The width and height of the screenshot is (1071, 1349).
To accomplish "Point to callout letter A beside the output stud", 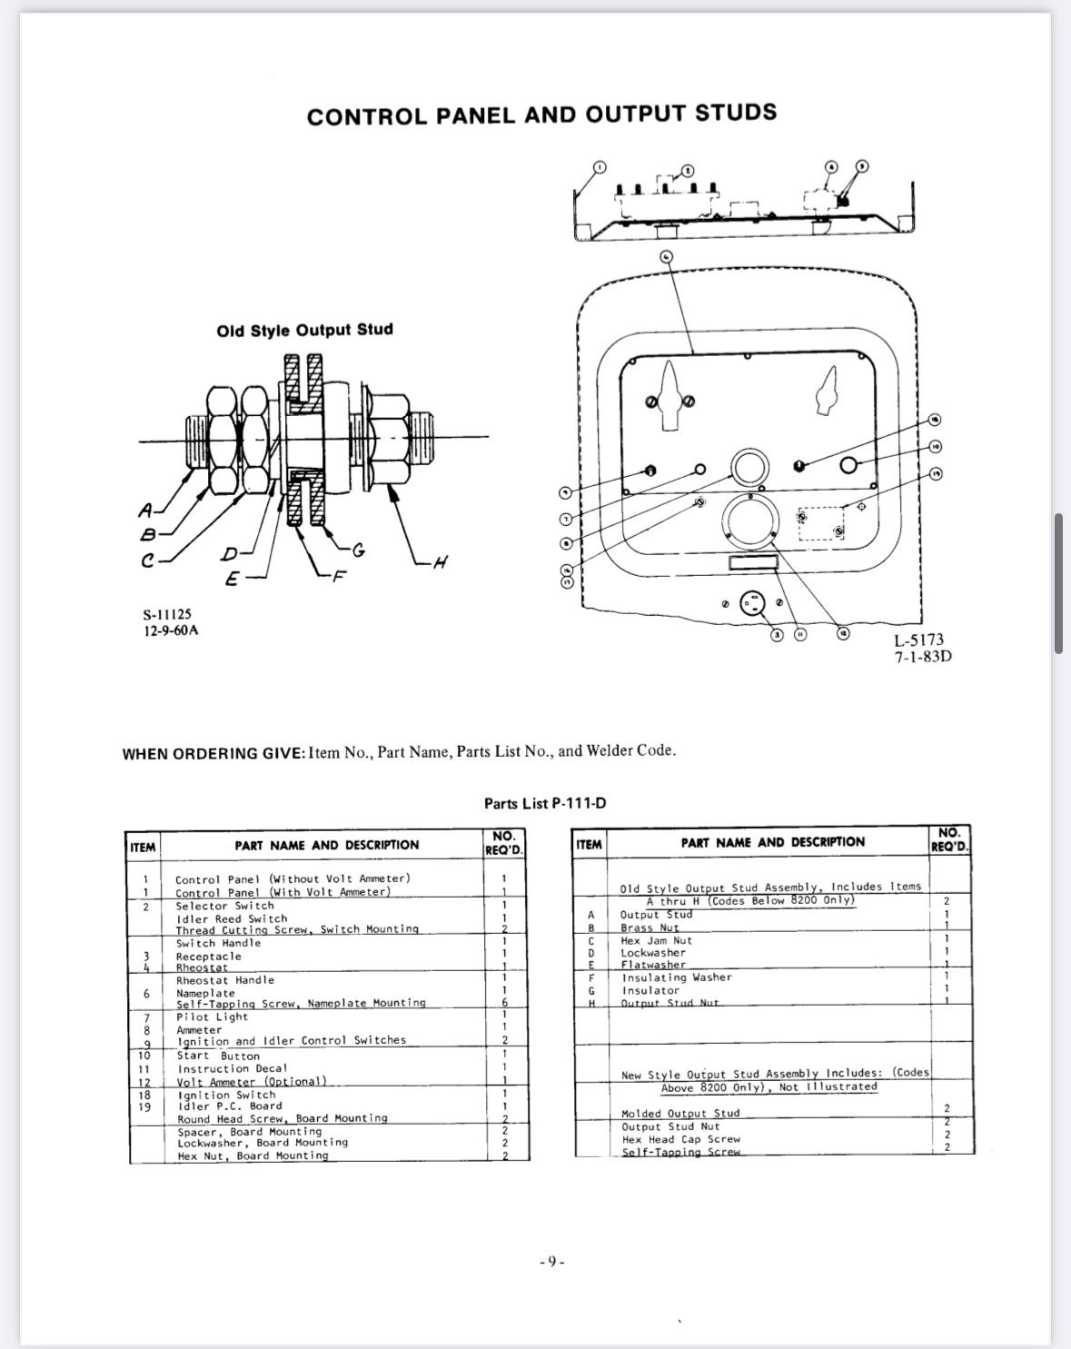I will pos(146,511).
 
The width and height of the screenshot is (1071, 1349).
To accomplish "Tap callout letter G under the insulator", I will pos(358,549).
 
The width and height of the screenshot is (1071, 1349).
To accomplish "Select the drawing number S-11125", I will pos(167,614).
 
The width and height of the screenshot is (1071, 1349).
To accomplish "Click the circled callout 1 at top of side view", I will pos(598,167).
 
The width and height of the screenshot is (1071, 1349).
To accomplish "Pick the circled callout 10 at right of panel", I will pos(936,447).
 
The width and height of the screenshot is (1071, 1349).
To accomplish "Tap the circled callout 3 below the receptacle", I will pos(777,634).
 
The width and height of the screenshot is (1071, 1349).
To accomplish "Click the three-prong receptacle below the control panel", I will pos(752,603).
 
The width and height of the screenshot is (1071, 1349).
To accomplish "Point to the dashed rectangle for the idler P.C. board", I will pos(820,523).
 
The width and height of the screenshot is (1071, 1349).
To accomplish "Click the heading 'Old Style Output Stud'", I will pos(304,330).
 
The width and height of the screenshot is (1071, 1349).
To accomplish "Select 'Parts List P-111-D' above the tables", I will pos(544,803).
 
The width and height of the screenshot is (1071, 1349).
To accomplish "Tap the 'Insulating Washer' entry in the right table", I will pos(676,977).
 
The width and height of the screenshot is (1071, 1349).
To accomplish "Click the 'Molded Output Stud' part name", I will pos(679,1113).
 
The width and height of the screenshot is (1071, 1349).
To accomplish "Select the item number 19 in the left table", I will pos(144,1106).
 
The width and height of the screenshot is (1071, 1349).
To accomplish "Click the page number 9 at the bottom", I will pos(551,1262).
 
